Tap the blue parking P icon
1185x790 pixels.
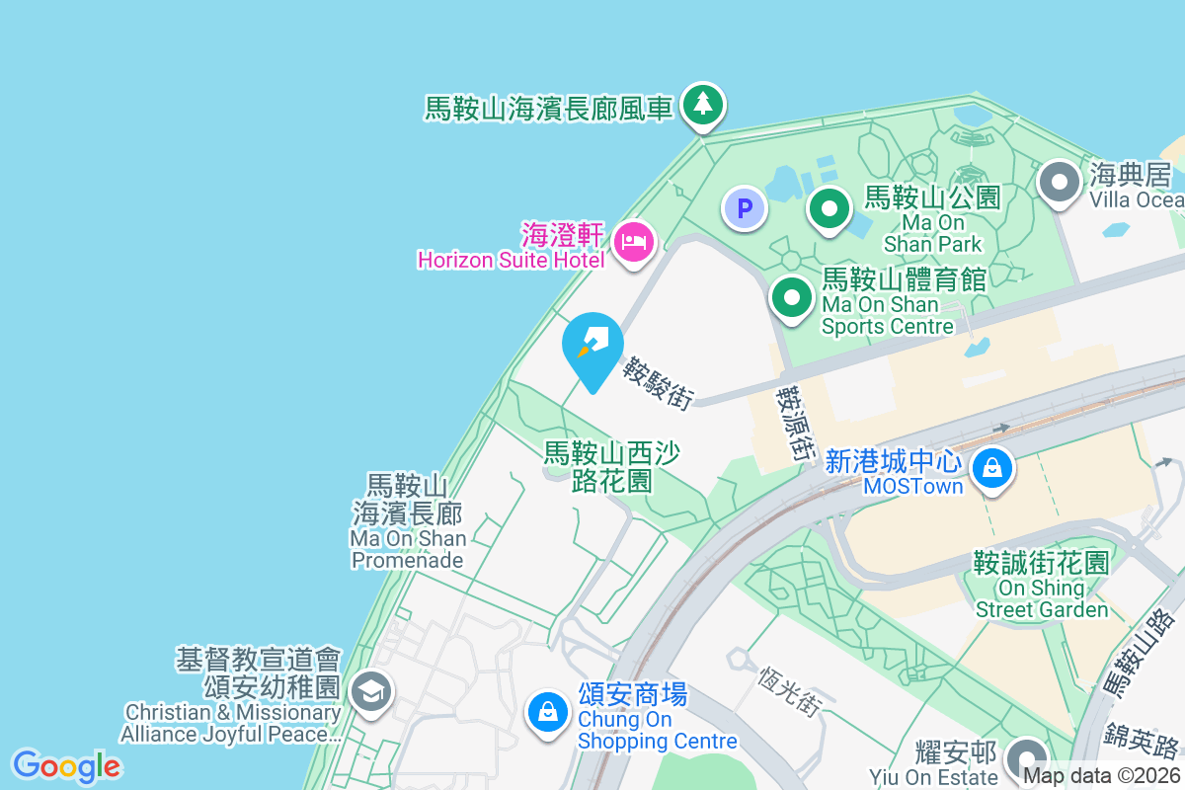click(x=745, y=208)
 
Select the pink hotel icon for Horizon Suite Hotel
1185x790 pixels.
click(x=632, y=240)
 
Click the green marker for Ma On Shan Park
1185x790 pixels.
click(x=829, y=208)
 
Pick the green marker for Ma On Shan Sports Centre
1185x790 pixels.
click(x=791, y=296)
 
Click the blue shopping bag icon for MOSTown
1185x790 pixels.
click(x=993, y=467)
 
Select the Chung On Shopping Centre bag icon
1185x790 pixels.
click(x=546, y=710)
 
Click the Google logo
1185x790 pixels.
click(x=66, y=766)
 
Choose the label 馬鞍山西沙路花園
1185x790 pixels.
click(x=612, y=467)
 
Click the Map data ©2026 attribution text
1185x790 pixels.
click(x=1102, y=776)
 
